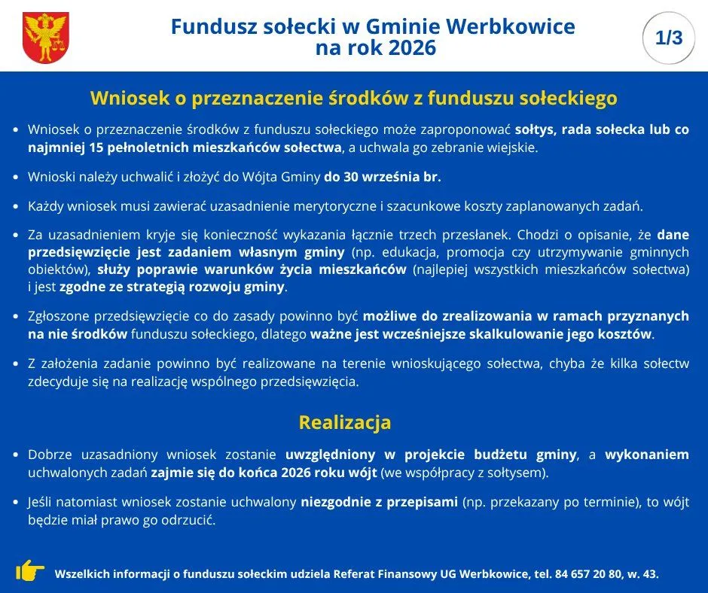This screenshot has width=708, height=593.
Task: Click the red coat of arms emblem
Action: [46, 37]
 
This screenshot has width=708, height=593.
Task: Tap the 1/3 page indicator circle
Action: [669, 38]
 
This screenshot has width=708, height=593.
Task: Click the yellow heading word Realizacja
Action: [344, 422]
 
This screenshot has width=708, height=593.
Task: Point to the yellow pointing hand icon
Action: [30, 570]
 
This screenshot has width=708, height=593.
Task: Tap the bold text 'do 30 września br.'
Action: [383, 177]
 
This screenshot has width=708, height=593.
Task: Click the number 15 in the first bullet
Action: [96, 147]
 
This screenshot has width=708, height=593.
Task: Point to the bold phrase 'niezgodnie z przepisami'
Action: [380, 502]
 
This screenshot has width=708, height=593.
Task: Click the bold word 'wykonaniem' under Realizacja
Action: [647, 455]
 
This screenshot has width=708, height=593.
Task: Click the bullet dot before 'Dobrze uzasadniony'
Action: [16, 455]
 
